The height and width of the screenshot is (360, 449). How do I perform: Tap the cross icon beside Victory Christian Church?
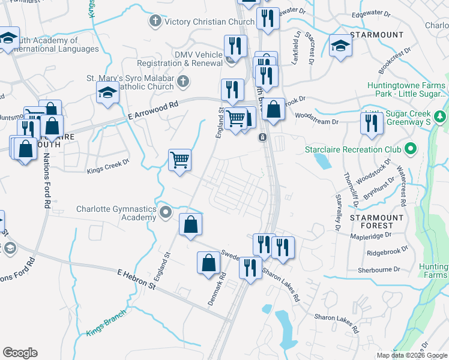(155, 22)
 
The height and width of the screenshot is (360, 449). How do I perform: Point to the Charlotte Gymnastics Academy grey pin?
(166, 212)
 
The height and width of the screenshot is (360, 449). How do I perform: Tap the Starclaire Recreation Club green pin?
(411, 148)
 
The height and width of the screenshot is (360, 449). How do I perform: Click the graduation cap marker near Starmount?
(340, 46)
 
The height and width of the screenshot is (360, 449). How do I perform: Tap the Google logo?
(20, 353)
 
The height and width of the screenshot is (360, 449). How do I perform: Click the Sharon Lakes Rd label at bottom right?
(337, 323)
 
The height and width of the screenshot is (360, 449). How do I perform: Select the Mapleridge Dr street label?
(370, 236)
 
